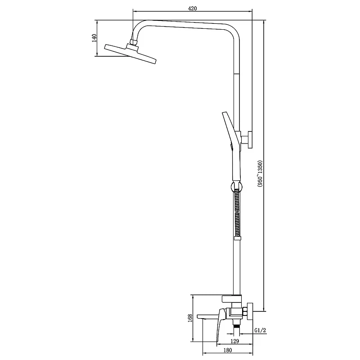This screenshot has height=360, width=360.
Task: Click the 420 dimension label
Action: pyautogui.click(x=193, y=9)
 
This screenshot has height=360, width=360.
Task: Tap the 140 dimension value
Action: pyautogui.click(x=94, y=38)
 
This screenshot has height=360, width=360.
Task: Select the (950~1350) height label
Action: pyautogui.click(x=260, y=173)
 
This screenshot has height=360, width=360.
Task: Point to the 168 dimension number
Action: pyautogui.click(x=190, y=318)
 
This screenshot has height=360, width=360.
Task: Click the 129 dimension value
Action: pyautogui.click(x=234, y=341)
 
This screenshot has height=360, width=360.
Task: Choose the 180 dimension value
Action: pyautogui.click(x=228, y=350)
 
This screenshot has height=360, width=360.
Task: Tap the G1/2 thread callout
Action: pyautogui.click(x=260, y=330)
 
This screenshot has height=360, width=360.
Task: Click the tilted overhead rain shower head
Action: pyautogui.click(x=130, y=54)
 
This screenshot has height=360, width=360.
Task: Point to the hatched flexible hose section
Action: pyautogui.click(x=237, y=213)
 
